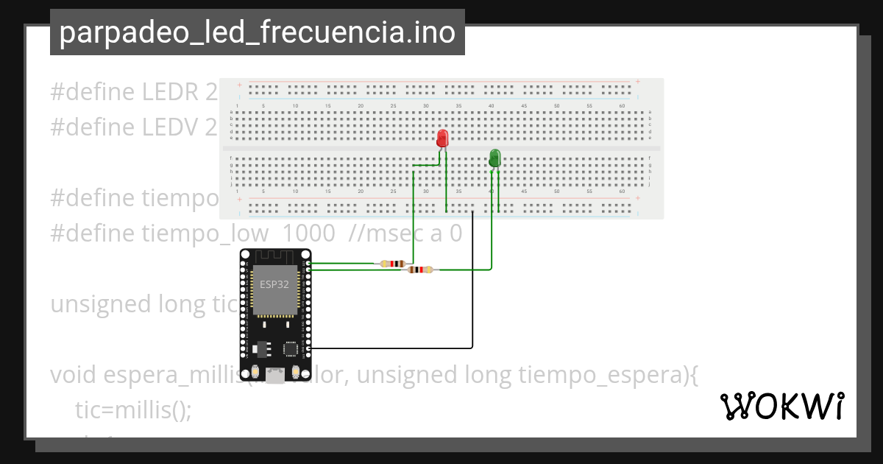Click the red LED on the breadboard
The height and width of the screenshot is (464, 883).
pyautogui.click(x=442, y=138)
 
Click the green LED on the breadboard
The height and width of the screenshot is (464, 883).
pyautogui.click(x=494, y=158)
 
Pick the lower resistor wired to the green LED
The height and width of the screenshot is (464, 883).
pyautogui.click(x=420, y=270)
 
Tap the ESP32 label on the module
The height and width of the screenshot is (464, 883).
pyautogui.click(x=274, y=284)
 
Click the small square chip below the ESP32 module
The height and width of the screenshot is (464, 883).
pyautogui.click(x=290, y=349)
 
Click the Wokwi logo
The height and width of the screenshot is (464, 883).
pyautogui.click(x=781, y=407)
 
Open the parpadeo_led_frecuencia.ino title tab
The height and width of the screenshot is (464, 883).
pyautogui.click(x=257, y=32)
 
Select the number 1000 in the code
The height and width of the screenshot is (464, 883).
pyautogui.click(x=309, y=233)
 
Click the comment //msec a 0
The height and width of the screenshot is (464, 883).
pyautogui.click(x=406, y=233)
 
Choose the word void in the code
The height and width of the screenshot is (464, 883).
pyautogui.click(x=74, y=374)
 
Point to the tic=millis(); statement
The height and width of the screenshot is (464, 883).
pyautogui.click(x=133, y=409)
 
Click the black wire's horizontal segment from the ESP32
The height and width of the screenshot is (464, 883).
pyautogui.click(x=390, y=347)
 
